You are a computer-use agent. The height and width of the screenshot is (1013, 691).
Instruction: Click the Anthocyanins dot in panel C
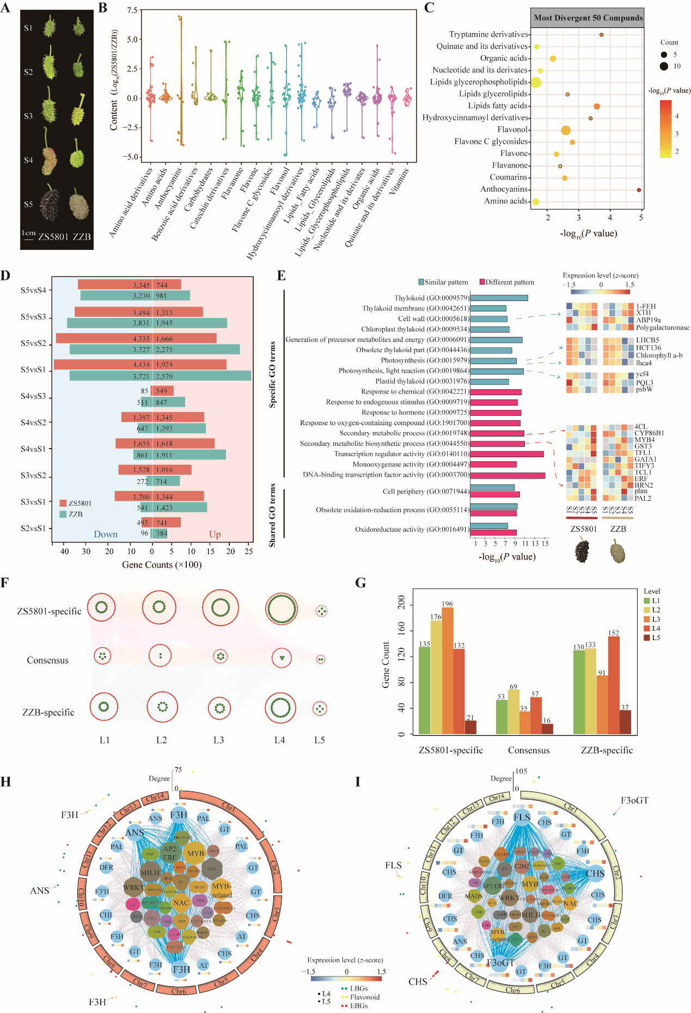pos(639,190)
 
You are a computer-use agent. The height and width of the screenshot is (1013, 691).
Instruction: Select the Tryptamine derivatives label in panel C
pos(488,34)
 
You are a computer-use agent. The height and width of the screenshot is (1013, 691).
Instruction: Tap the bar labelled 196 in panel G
pos(448,671)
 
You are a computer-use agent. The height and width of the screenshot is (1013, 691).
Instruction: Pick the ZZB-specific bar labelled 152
pos(614,685)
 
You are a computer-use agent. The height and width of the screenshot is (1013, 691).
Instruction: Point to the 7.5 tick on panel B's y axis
pos(132,10)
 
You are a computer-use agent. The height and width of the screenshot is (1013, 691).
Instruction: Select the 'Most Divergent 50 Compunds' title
pos(588,17)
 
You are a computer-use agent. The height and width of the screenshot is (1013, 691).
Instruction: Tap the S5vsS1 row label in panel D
pos(33,370)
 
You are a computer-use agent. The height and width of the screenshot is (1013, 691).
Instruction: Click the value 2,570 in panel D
pos(164,376)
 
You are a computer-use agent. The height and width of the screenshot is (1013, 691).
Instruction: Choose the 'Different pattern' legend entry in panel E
pos(507,282)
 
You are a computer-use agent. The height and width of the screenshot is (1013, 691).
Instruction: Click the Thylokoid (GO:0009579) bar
pos(499,298)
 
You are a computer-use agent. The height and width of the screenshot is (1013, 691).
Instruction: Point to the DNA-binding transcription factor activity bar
pos(507,475)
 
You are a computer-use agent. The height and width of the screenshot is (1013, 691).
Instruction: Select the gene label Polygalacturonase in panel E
pos(662,328)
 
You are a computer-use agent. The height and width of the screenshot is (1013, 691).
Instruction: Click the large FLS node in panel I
pos(521,818)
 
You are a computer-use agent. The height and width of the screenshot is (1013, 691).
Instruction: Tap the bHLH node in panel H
pos(150,872)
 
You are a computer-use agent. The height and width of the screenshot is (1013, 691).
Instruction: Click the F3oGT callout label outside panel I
pos(634,801)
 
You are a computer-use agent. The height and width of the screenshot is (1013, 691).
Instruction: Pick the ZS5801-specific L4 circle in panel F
pos(282,609)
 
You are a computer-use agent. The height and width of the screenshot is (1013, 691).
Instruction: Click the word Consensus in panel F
pos(48,660)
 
